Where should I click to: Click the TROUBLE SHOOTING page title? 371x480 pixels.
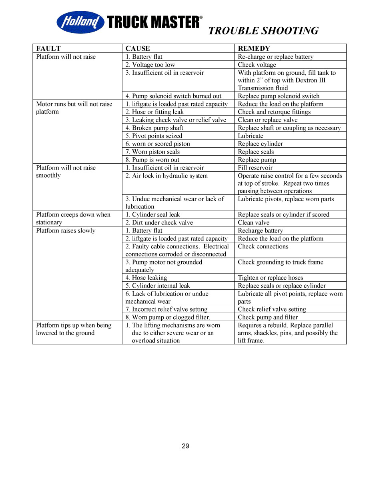coord(263,31)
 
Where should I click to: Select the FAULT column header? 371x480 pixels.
coord(48,48)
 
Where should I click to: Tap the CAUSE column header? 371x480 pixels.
coord(138,48)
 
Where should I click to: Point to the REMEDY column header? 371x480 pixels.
coord(254,48)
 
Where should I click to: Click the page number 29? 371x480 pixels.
coord(185,446)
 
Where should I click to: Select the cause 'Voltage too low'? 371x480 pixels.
coord(150,65)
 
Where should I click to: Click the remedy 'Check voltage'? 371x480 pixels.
coord(257,65)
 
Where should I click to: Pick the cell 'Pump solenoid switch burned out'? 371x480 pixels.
coord(173,96)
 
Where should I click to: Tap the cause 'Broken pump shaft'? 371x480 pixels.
coord(154,128)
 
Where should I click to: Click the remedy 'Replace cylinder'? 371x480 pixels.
coord(260,144)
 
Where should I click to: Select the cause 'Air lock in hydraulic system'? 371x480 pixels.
coord(166,176)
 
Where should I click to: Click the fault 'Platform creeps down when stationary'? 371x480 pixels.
coord(73,218)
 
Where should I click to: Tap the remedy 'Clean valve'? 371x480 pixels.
coord(254,223)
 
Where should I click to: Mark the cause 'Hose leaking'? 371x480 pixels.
coord(146,278)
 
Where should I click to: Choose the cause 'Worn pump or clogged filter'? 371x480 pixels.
coord(168,317)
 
